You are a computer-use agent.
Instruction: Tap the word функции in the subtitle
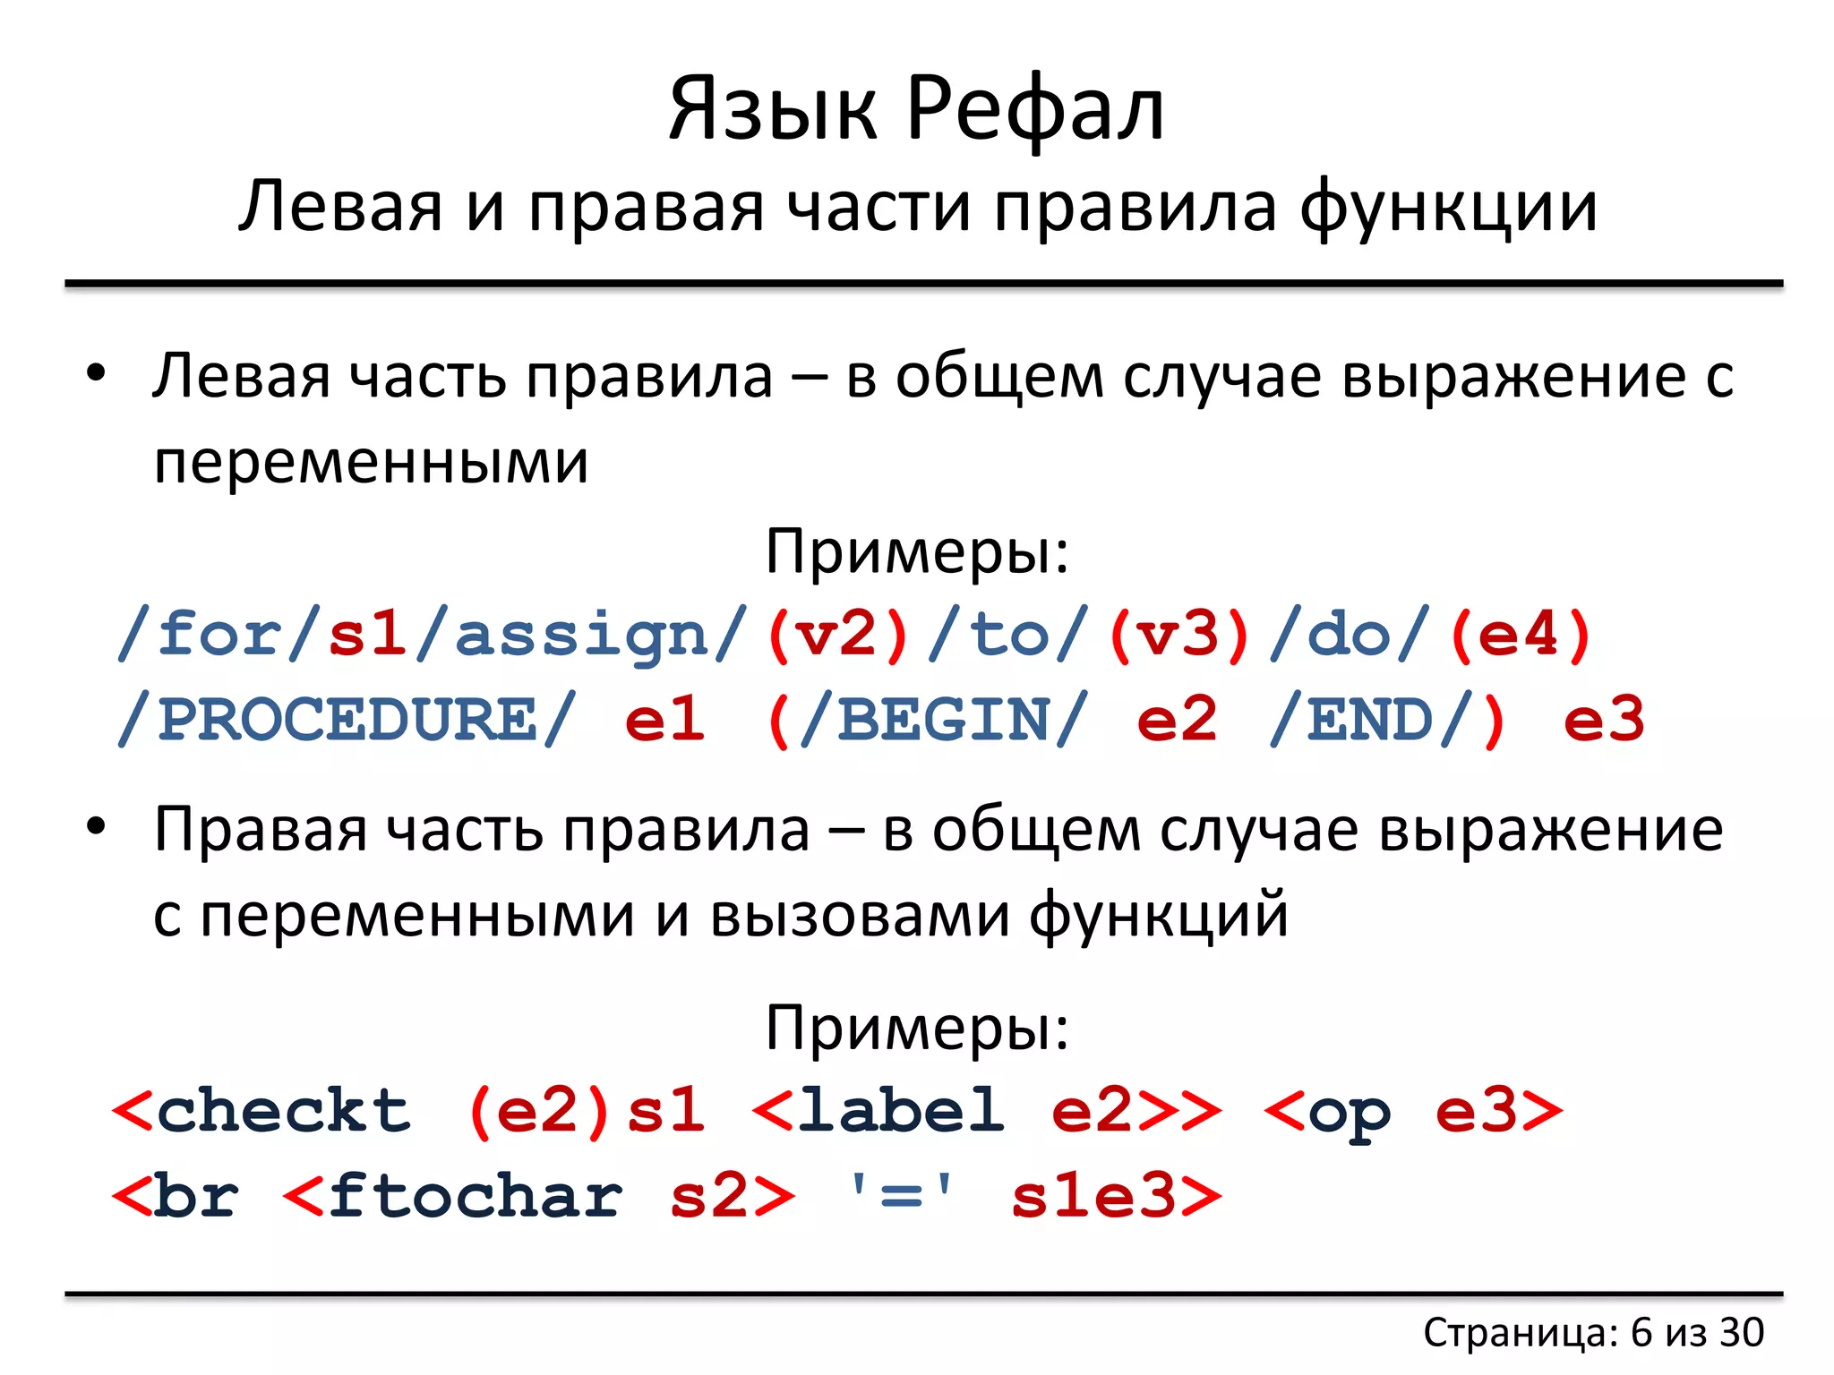coord(1448,208)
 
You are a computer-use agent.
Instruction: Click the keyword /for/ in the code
coord(219,636)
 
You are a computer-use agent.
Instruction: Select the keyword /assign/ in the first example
coord(582,636)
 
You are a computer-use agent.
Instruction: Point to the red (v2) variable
coord(837,636)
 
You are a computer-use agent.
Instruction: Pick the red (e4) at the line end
coord(1520,636)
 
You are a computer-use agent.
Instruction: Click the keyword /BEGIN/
coord(944,721)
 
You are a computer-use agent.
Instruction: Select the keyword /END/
coord(1370,721)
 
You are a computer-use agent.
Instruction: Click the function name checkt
coord(283,1112)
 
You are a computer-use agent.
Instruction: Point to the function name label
coord(901,1112)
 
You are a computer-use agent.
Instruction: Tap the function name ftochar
coord(476,1197)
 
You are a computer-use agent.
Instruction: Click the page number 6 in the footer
coord(1641,1333)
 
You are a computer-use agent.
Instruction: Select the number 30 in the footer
coord(1741,1333)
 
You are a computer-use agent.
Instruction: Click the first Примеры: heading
coord(917,551)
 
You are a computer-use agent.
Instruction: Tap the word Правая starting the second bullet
coord(261,831)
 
